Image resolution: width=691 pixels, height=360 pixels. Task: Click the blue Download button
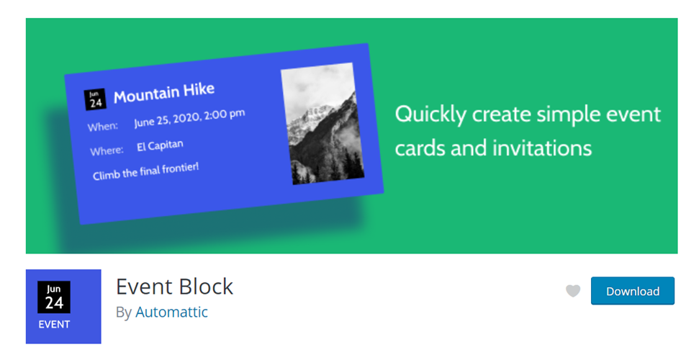[x=632, y=291]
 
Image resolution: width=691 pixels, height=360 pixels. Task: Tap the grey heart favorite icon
[x=573, y=291]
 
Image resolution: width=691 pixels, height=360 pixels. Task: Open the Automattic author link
[x=171, y=312]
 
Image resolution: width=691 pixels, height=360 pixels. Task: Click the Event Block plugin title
[x=174, y=286]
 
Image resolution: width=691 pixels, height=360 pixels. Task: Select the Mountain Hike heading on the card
[x=164, y=93]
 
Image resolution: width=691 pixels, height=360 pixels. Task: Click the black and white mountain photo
[x=322, y=124]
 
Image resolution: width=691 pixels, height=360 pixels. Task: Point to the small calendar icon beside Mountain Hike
[x=95, y=99]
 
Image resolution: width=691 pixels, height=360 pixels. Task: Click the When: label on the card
[x=103, y=127]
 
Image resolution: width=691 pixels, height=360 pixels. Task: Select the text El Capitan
[x=160, y=146]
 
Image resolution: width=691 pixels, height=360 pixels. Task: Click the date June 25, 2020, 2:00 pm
[x=189, y=118]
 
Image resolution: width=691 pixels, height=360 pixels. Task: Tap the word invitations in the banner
[x=542, y=148]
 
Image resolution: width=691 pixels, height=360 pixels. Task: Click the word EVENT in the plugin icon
[x=54, y=324]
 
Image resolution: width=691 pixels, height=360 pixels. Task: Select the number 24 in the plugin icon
[x=54, y=303]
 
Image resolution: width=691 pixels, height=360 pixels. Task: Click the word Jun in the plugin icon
[x=54, y=289]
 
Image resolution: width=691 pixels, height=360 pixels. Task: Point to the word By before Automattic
[x=124, y=312]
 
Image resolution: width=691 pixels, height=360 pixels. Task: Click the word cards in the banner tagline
[x=420, y=148]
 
